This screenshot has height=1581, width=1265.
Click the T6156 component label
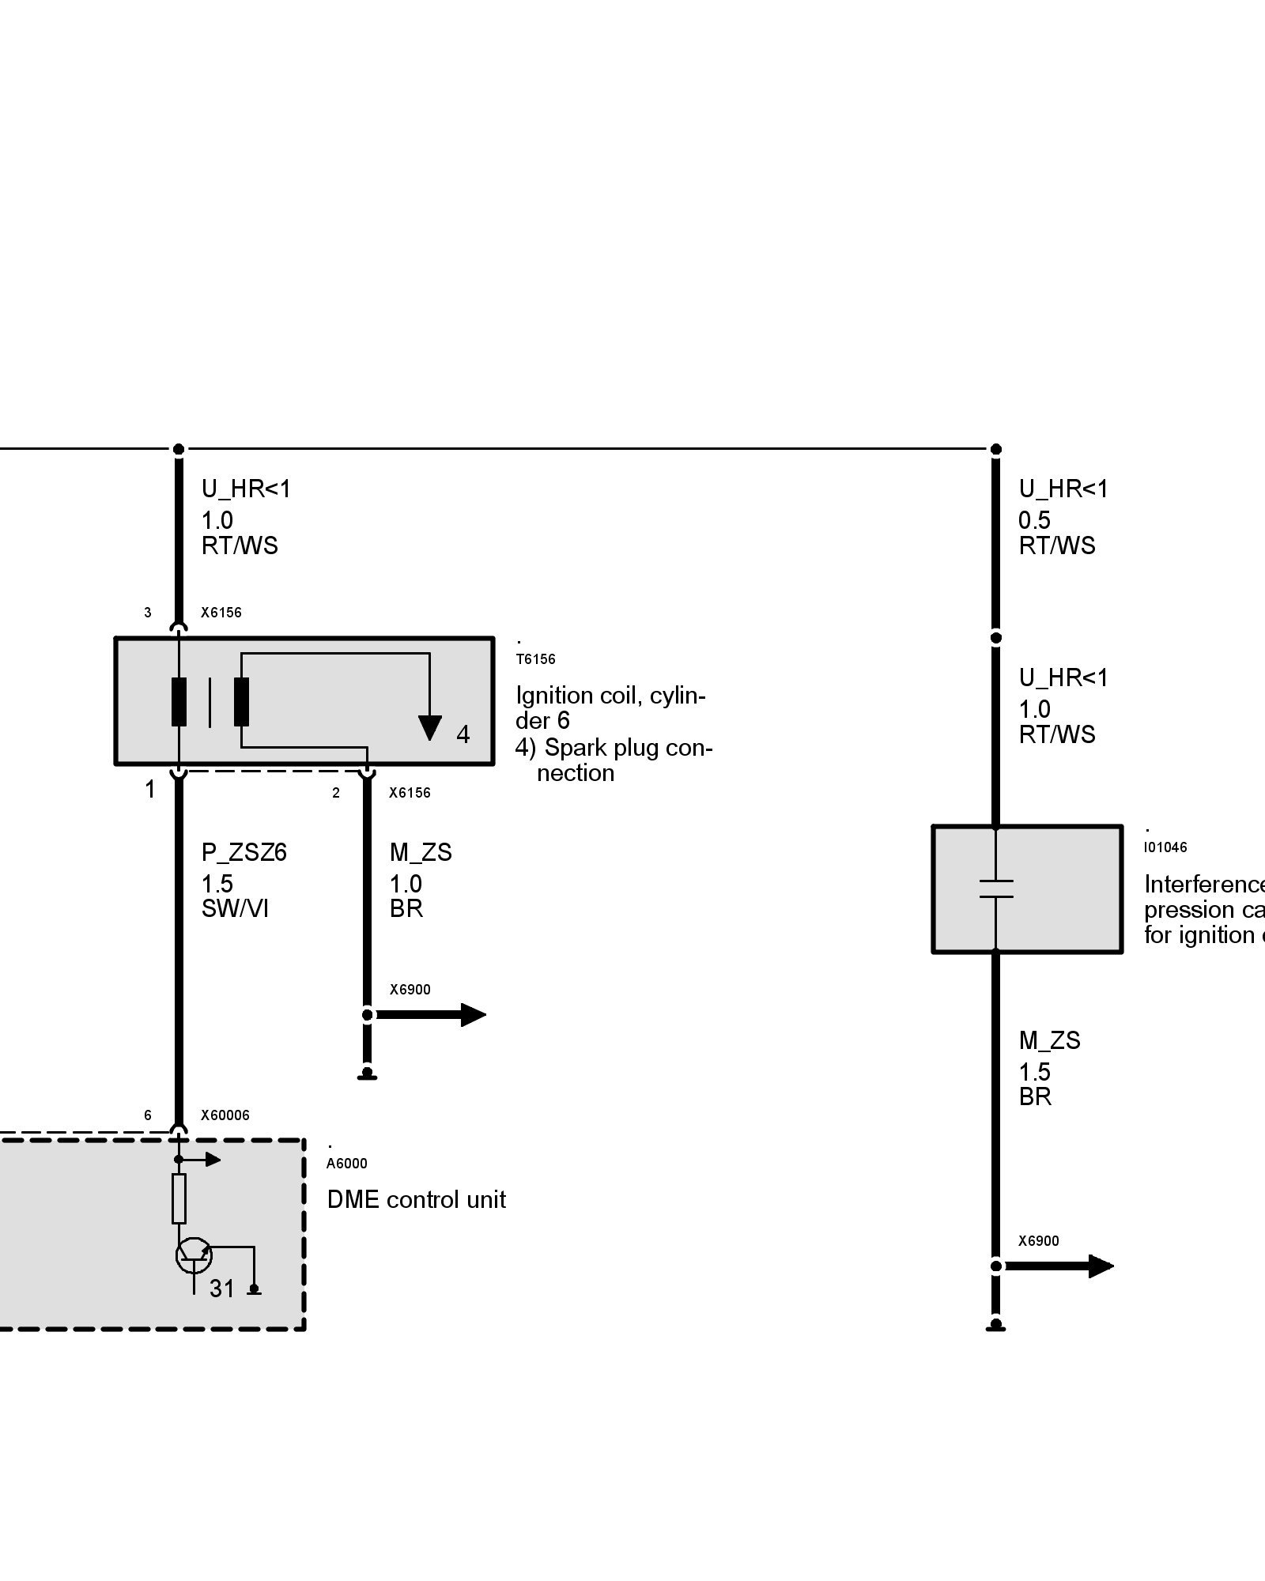535,659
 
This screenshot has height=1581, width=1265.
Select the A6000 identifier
346,1163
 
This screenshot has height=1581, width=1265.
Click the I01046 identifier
1165,847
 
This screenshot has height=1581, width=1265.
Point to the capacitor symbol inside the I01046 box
995,889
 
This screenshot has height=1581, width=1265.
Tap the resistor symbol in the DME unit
179,1198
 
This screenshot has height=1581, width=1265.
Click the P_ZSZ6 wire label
244,852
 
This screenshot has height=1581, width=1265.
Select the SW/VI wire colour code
235,909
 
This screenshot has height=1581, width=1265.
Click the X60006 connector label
225,1115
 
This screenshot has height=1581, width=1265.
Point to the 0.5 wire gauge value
1034,520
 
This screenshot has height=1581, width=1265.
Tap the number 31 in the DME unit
222,1289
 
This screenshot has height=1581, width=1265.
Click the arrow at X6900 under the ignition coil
472,1015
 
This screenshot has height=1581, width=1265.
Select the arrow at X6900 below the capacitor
1101,1266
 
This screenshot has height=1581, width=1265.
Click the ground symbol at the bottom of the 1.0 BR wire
367,1074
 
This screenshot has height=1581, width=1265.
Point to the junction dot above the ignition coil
179,449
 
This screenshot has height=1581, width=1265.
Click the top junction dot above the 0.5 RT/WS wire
996,449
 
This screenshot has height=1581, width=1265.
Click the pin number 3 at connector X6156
147,613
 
